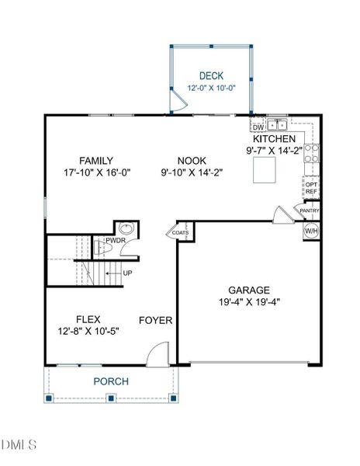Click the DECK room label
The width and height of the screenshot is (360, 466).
211,76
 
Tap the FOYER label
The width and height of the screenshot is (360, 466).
155,320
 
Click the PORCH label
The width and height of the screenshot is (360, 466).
111,381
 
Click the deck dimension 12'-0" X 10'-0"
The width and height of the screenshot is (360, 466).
211,89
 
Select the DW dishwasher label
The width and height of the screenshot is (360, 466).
258,127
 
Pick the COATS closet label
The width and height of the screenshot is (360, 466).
180,231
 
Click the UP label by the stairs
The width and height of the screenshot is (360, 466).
127,273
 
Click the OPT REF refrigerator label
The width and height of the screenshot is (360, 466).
311,188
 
